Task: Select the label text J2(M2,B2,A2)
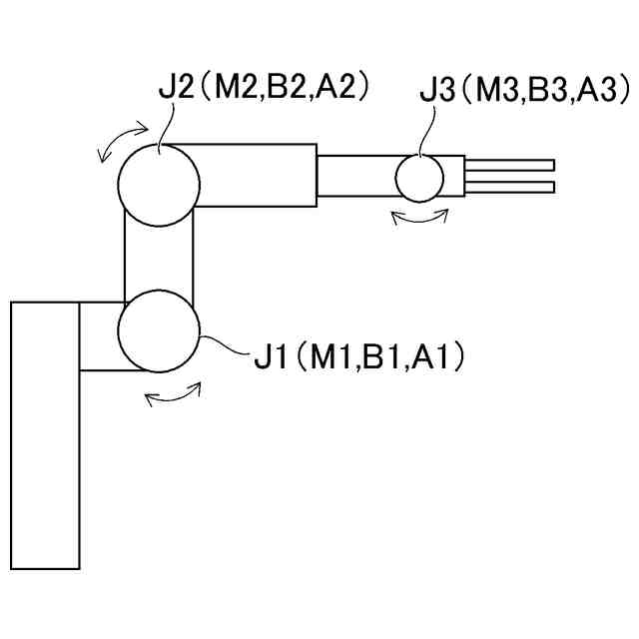[265, 86]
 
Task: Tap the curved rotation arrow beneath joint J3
[418, 217]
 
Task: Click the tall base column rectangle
[45, 434]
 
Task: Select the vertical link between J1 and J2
[158, 258]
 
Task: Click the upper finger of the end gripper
[509, 165]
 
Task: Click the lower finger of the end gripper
[509, 187]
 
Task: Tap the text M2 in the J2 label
[233, 86]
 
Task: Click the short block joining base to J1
[100, 335]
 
